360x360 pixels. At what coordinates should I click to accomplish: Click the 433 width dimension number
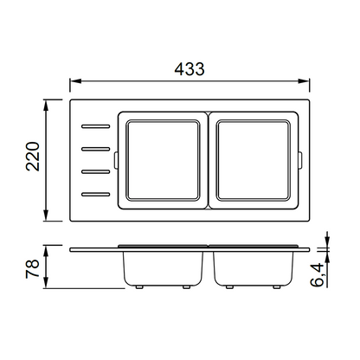click(190, 69)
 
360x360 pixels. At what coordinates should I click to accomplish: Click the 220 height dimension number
click(33, 157)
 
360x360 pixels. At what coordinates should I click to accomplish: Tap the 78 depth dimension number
click(32, 268)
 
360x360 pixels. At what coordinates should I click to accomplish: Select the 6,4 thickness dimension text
click(318, 275)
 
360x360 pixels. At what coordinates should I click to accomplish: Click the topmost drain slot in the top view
click(96, 126)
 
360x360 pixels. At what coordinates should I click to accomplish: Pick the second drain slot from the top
click(96, 149)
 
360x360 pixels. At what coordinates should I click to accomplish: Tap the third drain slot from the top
click(96, 172)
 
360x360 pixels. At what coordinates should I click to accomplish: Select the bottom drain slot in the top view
click(96, 195)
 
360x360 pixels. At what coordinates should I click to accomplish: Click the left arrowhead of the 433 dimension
click(75, 81)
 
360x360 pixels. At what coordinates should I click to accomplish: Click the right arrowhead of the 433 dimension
click(304, 81)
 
